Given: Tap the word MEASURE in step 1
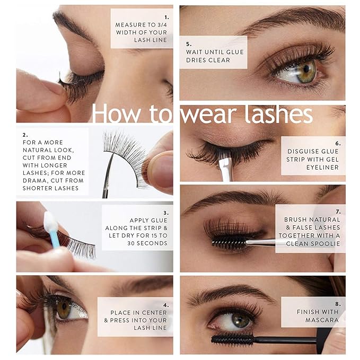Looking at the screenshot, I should tap(131, 24).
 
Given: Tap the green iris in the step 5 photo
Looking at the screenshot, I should tap(306, 71).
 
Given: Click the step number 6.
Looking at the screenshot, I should tap(337, 143).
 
